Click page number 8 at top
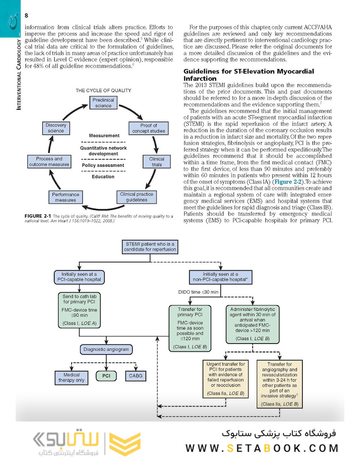[26, 15]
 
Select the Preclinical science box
[103, 103]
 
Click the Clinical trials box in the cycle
[156, 162]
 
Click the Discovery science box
[56, 128]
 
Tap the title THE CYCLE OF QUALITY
[103, 91]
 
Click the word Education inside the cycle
[103, 177]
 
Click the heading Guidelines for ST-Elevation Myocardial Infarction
[248, 75]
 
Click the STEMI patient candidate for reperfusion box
[149, 247]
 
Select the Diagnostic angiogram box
[106, 350]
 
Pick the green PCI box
[106, 376]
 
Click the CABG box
[137, 376]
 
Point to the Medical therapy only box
[71, 378]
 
